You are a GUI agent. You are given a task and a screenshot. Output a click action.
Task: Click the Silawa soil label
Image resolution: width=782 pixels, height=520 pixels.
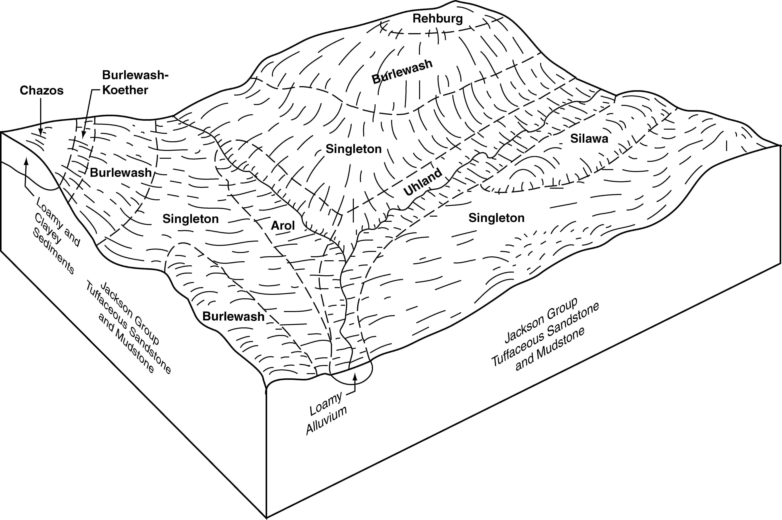[589, 139]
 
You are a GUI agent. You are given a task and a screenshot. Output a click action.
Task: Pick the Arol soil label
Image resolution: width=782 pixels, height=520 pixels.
[283, 226]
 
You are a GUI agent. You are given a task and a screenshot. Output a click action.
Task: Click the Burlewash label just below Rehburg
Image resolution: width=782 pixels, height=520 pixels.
[402, 72]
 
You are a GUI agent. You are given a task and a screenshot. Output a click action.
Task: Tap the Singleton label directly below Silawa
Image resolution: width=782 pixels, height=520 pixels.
[496, 218]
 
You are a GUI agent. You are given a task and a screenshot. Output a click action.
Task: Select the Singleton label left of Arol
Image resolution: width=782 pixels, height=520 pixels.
[191, 219]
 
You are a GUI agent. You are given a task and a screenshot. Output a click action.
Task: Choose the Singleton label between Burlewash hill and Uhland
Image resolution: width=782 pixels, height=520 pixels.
[354, 149]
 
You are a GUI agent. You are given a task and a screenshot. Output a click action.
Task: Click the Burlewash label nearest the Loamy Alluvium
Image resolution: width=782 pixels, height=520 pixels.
[233, 317]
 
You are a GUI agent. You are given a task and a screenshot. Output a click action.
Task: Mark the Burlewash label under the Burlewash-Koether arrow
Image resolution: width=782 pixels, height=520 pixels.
[121, 173]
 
